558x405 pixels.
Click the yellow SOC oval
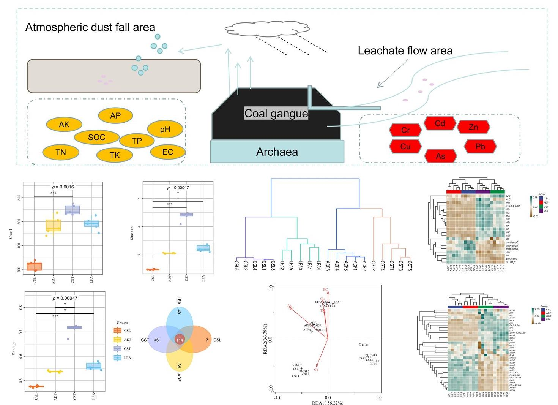coord(96,137)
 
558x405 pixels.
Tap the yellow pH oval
coord(165,130)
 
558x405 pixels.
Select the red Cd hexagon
coord(440,123)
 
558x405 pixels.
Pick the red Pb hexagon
coord(480,146)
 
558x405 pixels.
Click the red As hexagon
coord(440,156)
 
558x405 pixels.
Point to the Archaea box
coord(277,152)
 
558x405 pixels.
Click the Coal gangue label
coord(276,113)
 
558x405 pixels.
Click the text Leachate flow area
coord(405,51)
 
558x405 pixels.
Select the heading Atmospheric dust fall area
coord(90,27)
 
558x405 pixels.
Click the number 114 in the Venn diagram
coord(180,340)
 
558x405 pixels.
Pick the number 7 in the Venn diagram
coord(207,340)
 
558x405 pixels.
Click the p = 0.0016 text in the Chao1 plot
coord(63,187)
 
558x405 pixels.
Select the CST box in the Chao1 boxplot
coord(73,210)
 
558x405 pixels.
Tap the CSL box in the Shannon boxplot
coord(153,269)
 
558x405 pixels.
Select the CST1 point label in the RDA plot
coord(365,345)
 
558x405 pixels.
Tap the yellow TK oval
coord(115,155)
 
